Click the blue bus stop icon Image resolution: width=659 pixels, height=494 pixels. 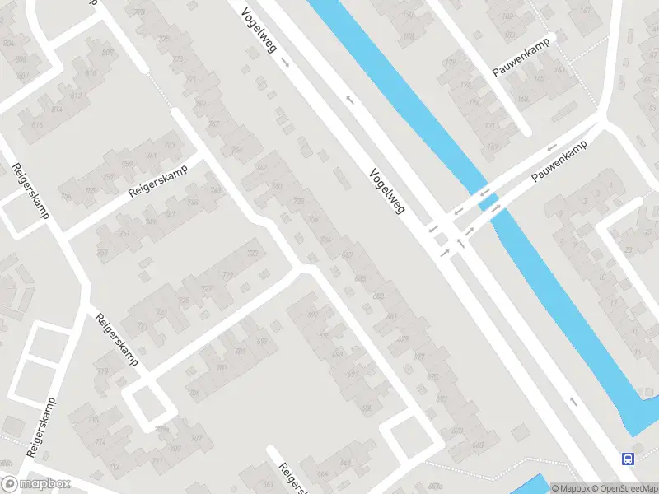click(x=628, y=459)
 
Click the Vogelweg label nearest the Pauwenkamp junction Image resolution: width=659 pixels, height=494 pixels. click(x=387, y=189)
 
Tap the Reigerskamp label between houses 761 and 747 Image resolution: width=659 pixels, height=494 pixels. click(x=158, y=180)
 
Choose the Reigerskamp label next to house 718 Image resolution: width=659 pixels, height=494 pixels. click(x=116, y=339)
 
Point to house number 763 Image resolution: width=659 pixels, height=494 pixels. click(x=170, y=145)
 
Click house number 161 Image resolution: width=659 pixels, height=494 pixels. click(x=585, y=10)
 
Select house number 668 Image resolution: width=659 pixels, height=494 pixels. click(x=345, y=463)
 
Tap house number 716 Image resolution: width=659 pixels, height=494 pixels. click(x=103, y=371)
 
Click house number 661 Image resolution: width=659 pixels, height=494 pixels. click(x=268, y=485)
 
